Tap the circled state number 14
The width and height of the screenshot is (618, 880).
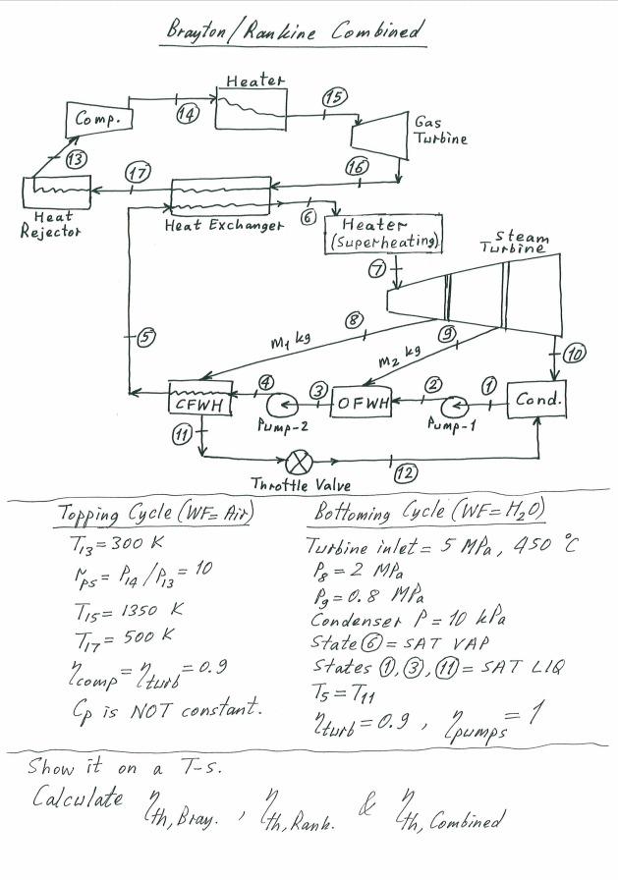(187, 114)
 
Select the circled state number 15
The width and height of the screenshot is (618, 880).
(334, 97)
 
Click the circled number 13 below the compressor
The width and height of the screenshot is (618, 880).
(75, 159)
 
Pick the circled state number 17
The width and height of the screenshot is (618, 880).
(140, 174)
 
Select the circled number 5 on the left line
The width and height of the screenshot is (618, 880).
(145, 337)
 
